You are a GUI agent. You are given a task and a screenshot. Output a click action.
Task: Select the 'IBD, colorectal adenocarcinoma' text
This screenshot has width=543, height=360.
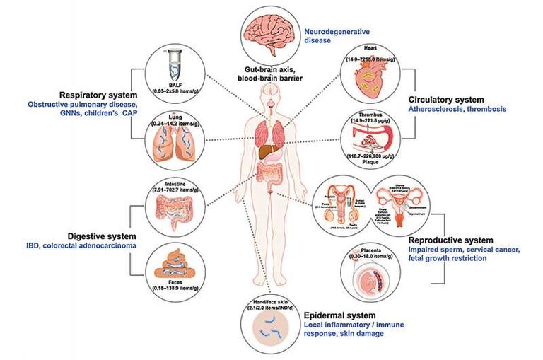click(x=74, y=245)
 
